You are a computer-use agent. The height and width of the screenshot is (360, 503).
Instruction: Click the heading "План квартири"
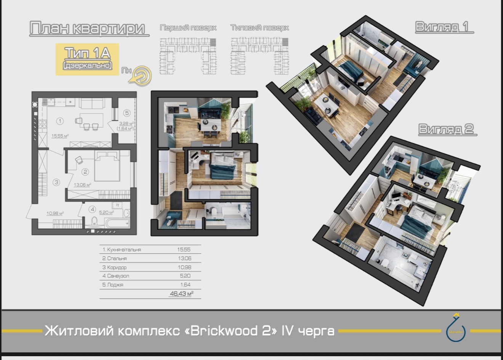[x=87, y=29]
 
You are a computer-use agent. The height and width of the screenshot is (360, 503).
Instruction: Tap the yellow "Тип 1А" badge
[x=87, y=59]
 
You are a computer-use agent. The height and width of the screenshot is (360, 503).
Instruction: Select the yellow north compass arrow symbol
[x=140, y=75]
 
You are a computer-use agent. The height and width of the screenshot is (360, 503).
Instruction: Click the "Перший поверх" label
[x=188, y=28]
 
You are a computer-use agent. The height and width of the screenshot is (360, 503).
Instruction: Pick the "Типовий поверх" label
[x=260, y=28]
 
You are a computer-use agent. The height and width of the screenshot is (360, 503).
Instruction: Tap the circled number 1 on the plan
[x=60, y=121]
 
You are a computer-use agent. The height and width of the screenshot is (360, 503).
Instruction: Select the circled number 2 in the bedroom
[x=85, y=172]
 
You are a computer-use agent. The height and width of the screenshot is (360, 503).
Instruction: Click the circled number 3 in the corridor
[x=56, y=182]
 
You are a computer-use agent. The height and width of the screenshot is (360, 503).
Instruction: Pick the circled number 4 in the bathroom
[x=92, y=209]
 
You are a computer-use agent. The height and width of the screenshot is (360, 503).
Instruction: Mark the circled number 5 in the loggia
[x=127, y=113]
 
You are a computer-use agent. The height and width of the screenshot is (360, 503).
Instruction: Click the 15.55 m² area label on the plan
[x=60, y=136]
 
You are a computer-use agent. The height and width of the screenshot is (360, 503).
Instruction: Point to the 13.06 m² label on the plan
[x=82, y=185]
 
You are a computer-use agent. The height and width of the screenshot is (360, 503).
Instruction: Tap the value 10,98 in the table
[x=184, y=267]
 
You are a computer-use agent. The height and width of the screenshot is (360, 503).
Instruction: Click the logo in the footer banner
[x=456, y=328]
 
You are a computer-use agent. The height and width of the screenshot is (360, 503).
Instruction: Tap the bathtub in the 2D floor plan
[x=117, y=223]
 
